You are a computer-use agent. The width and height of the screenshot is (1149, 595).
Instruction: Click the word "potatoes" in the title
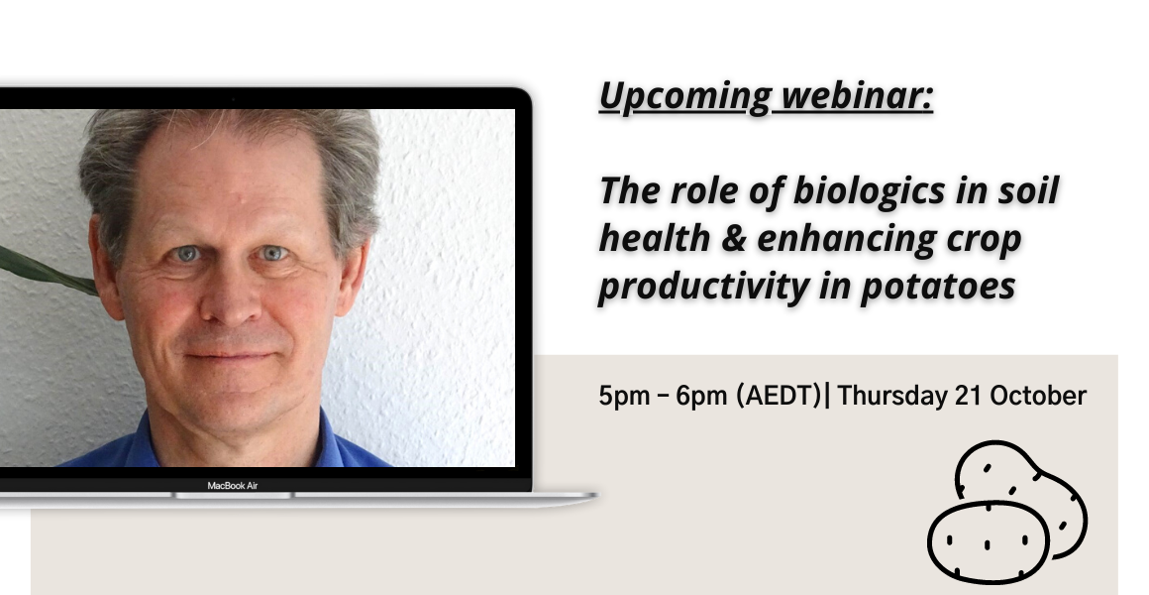click(939, 287)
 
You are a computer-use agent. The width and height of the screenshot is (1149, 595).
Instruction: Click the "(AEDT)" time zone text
click(779, 396)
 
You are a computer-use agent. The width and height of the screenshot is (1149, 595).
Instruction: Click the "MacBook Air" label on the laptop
click(233, 486)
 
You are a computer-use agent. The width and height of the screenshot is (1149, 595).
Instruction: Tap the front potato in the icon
click(988, 541)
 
